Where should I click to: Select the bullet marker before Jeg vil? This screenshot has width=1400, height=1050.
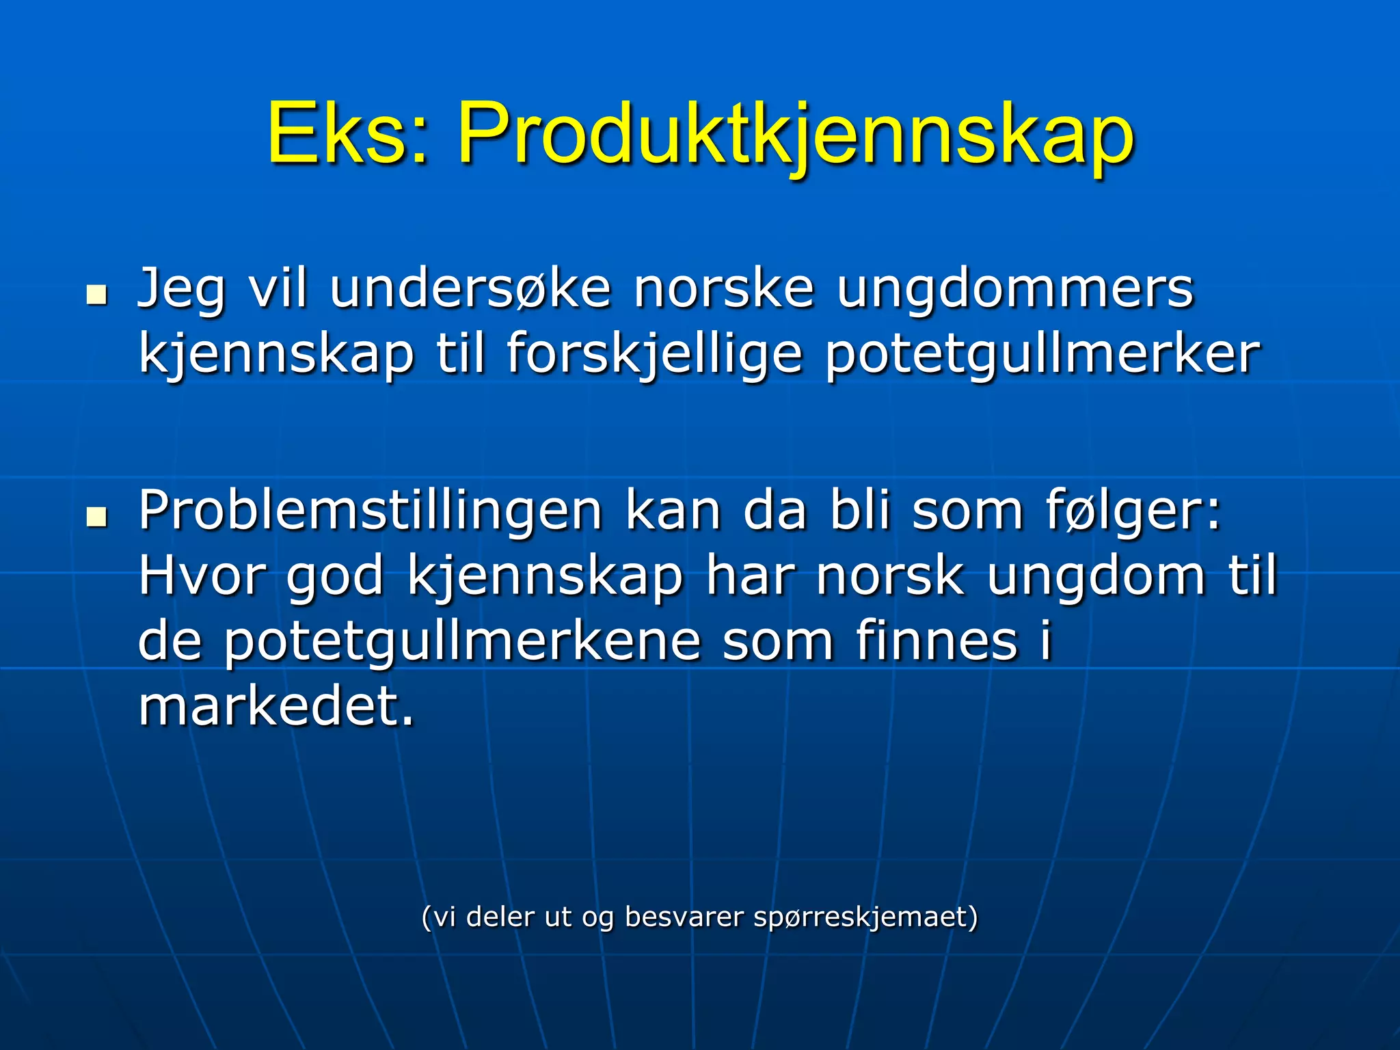point(97,295)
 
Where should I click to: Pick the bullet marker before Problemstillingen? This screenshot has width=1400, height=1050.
point(97,517)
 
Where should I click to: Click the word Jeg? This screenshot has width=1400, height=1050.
point(180,290)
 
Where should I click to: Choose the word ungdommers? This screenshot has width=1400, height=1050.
point(1015,290)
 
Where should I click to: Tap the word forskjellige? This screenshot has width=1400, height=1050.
point(654,355)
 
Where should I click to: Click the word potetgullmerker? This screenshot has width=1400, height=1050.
point(1042,355)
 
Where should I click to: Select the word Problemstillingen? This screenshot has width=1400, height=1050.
point(370,511)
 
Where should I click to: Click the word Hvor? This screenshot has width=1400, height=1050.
point(201,576)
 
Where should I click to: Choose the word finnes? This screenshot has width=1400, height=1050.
point(937,641)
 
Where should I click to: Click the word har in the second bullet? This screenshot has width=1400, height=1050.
point(749,576)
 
